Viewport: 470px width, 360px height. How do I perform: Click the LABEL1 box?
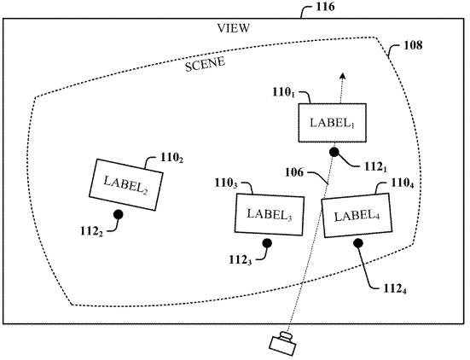332,123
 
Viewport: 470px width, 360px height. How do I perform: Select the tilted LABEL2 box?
126,184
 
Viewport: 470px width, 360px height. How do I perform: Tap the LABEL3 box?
270,214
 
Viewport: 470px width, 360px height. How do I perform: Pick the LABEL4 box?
357,215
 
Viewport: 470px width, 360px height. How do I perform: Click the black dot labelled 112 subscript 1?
334,152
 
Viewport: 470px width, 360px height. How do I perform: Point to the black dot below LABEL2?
118,214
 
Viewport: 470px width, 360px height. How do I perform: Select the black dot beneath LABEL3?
267,243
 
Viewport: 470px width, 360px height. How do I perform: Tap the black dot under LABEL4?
358,243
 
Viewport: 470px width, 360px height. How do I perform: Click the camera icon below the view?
283,344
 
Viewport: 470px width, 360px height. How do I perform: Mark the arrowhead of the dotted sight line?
343,76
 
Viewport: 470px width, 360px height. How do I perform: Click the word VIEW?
233,28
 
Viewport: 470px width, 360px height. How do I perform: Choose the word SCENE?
205,64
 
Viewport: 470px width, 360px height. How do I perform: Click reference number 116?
325,7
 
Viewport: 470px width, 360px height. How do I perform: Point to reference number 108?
413,45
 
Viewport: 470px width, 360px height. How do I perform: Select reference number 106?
294,172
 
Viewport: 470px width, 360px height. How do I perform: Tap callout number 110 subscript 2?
171,158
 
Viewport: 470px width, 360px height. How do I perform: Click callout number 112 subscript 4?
395,288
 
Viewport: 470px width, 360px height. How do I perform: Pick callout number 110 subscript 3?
226,183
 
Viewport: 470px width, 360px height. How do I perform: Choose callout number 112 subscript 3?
241,260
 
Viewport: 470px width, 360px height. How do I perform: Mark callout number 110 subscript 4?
403,183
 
